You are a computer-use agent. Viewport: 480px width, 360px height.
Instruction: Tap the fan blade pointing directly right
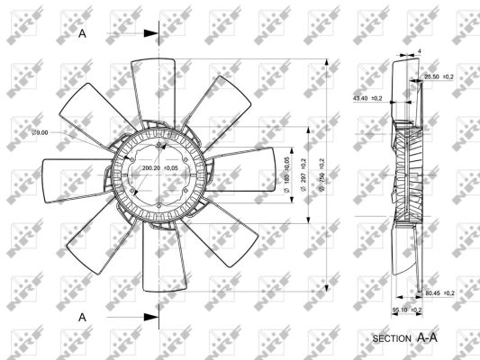(x=248, y=166)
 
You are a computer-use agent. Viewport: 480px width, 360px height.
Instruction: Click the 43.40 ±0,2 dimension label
(x=367, y=97)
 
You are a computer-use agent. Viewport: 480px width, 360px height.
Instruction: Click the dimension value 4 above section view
(x=421, y=51)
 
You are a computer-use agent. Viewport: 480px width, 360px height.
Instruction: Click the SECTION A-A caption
(x=404, y=338)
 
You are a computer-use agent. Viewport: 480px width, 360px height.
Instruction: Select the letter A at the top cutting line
(x=82, y=33)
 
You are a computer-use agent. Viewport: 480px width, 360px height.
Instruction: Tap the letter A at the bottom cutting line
(x=82, y=317)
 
